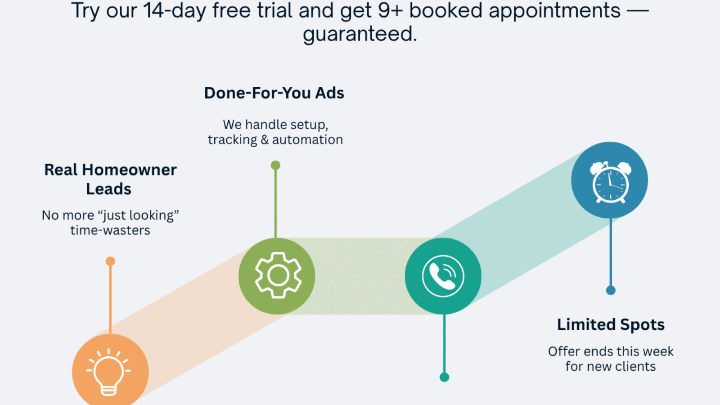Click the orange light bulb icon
pyautogui.click(x=108, y=372)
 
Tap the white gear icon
pyautogui.click(x=278, y=275)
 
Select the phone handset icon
pyautogui.click(x=443, y=276)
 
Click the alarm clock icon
pyautogui.click(x=610, y=181)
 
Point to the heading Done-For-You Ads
pyautogui.click(x=274, y=93)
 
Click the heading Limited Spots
pyautogui.click(x=611, y=324)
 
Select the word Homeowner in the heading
pyautogui.click(x=129, y=170)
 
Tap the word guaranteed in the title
pyautogui.click(x=360, y=34)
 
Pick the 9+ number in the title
pyautogui.click(x=390, y=11)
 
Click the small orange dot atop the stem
pyautogui.click(x=110, y=261)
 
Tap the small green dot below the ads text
pyautogui.click(x=275, y=165)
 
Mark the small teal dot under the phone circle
pyautogui.click(x=444, y=377)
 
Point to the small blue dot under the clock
pyautogui.click(x=611, y=290)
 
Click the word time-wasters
pyautogui.click(x=110, y=230)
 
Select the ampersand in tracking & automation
pyautogui.click(x=265, y=140)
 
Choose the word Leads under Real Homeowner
pyautogui.click(x=108, y=189)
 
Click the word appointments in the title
pyautogui.click(x=554, y=11)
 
